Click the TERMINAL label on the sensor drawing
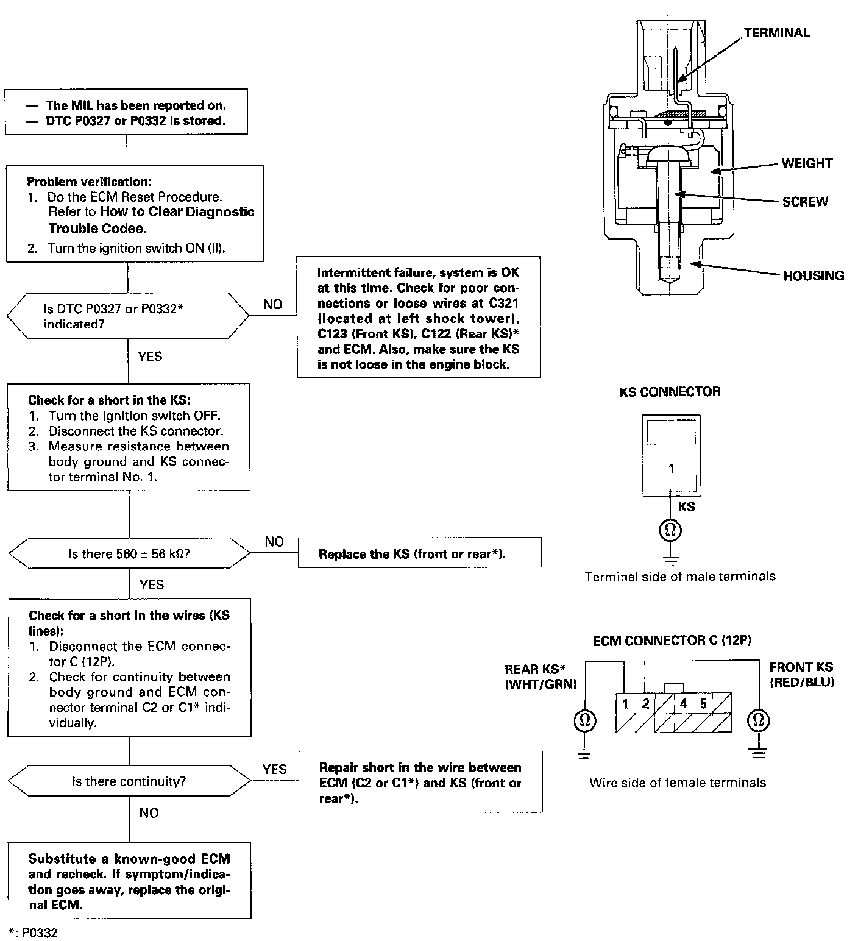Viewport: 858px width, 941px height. pos(776,33)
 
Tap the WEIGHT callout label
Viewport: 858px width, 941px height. pos(807,163)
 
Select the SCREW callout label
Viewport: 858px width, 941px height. pos(805,202)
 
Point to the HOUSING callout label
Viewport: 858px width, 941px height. pos(814,275)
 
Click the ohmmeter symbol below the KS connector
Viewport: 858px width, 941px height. pos(670,530)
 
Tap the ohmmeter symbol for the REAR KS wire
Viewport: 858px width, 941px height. pos(584,721)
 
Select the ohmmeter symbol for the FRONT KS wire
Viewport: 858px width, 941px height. pos(758,721)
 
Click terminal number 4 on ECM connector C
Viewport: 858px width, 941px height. pos(683,704)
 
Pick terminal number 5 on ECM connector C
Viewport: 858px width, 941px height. pos(703,704)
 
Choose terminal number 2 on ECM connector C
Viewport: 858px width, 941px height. pos(645,704)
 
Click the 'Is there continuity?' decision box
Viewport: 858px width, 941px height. pos(129,781)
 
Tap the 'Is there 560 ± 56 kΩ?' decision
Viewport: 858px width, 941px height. pos(129,554)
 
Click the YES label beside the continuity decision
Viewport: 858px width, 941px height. pos(274,769)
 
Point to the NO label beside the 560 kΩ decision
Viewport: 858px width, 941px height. pos(274,542)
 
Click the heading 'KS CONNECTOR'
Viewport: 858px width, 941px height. pos(670,392)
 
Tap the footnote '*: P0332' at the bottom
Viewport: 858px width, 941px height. pos(34,933)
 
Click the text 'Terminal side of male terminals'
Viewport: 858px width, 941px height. pos(680,577)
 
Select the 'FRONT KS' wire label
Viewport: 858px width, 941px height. pos(801,667)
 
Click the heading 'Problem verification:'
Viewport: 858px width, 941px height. pos(89,182)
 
